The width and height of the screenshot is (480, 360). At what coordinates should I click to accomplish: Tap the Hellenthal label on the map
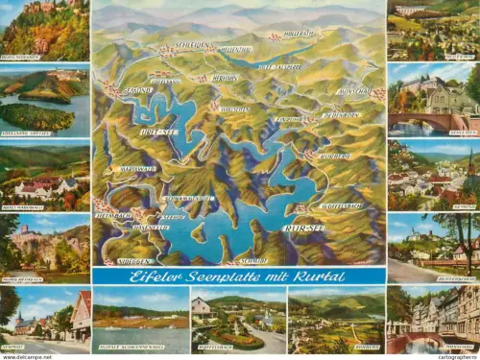pos(235,49)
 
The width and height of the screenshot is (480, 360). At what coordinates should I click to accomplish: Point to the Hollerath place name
pos(299,35)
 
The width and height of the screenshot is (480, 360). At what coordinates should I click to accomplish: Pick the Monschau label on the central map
pos(354,91)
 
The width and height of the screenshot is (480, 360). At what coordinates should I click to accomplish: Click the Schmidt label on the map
pos(253,260)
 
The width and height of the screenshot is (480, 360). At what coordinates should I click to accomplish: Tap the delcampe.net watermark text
pos(27,356)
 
